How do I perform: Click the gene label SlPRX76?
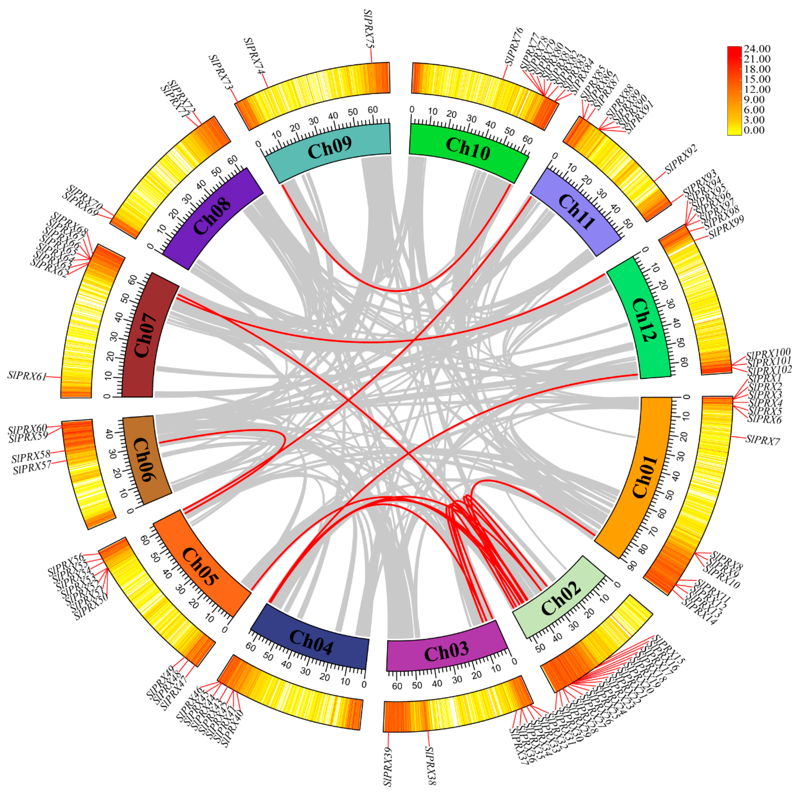click(x=514, y=46)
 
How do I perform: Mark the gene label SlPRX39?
click(x=388, y=766)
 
